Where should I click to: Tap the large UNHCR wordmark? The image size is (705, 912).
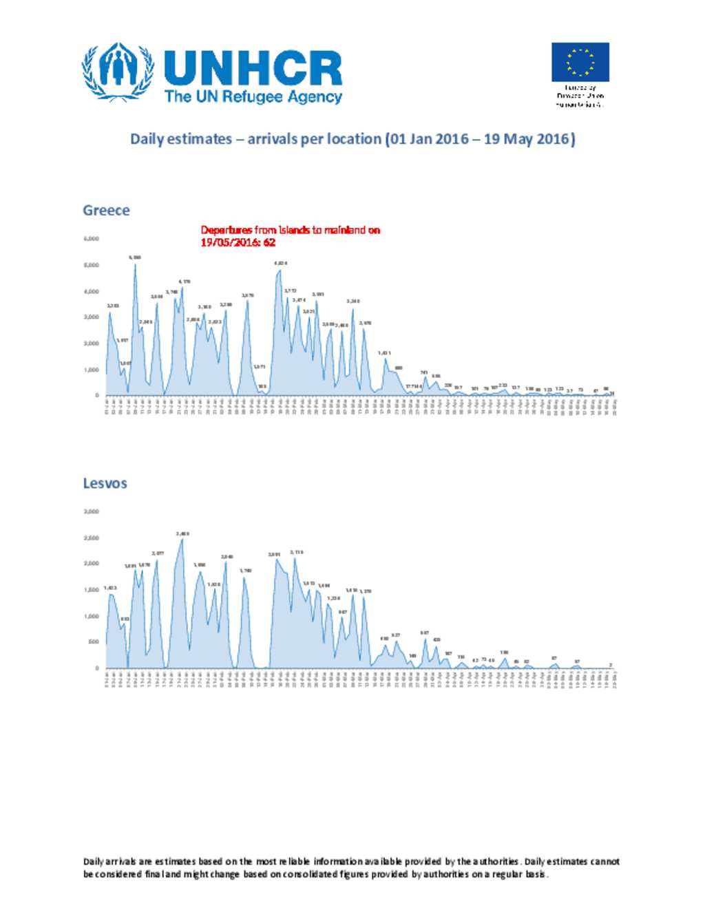click(253, 68)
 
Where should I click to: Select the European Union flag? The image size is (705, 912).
click(580, 62)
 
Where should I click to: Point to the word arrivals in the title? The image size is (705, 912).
click(273, 139)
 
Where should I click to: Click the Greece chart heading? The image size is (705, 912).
click(106, 211)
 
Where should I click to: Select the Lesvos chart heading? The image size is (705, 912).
click(105, 483)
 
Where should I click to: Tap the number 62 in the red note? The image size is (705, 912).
click(269, 243)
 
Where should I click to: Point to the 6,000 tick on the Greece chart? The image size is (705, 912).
click(92, 239)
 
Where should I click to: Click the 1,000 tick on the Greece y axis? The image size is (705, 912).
click(92, 370)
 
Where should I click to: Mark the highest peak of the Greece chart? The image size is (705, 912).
click(135, 264)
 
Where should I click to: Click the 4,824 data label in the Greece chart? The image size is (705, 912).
click(280, 263)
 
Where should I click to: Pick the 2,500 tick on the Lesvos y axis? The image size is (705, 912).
click(92, 538)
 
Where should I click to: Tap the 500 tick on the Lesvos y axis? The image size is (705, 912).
click(93, 642)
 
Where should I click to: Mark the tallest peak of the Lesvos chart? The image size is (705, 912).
click(182, 539)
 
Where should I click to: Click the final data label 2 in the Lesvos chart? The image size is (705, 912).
click(611, 664)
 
